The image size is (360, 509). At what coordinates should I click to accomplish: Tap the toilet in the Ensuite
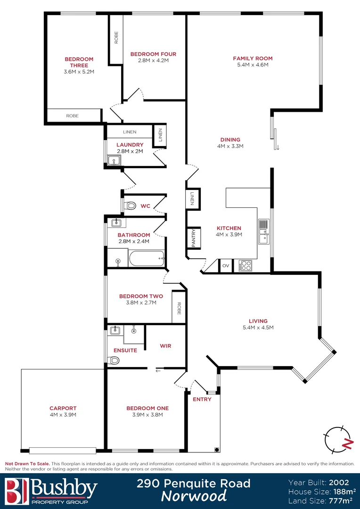[x=114, y=361]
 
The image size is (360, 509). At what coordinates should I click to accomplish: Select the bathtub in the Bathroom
[x=147, y=258]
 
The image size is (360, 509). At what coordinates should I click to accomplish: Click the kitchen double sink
[x=264, y=231]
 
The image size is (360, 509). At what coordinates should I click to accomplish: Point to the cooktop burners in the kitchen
[x=245, y=266]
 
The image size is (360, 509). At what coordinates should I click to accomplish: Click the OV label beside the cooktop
[x=226, y=266]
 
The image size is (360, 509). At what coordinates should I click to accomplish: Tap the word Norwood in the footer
[x=194, y=496]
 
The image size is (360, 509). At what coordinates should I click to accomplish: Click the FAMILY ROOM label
[x=253, y=58]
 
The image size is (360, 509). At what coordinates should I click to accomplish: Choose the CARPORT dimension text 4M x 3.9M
[x=63, y=415]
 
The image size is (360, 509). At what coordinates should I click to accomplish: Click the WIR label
[x=165, y=346]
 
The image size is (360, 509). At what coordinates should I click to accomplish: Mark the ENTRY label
[x=202, y=399]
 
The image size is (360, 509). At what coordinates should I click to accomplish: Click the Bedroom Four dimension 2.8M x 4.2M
[x=153, y=60]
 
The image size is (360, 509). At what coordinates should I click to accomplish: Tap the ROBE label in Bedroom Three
[x=72, y=115]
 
